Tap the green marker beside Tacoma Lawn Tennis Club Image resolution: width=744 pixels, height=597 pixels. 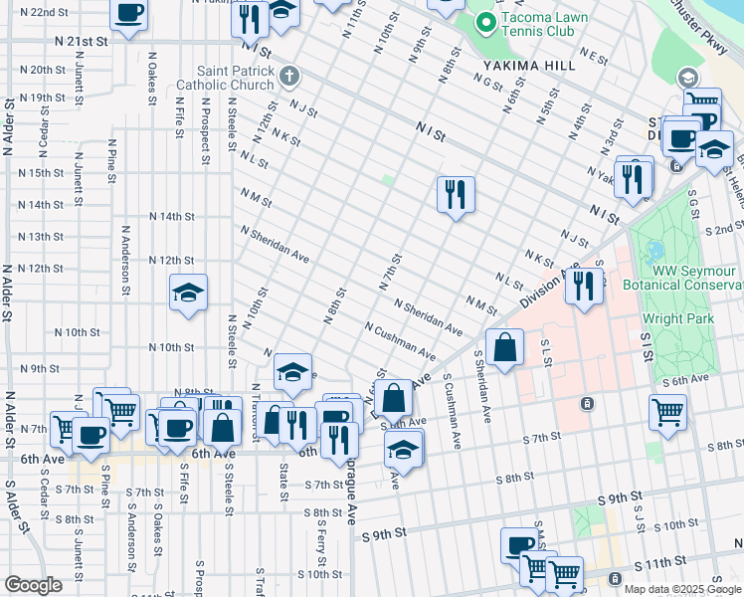pyautogui.click(x=486, y=20)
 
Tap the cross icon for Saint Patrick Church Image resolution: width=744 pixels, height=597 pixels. pyautogui.click(x=288, y=76)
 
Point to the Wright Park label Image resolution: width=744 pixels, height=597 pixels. pyautogui.click(x=676, y=318)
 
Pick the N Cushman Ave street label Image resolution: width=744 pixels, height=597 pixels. pyautogui.click(x=400, y=340)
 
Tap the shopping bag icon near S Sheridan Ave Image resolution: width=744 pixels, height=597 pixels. pyautogui.click(x=505, y=348)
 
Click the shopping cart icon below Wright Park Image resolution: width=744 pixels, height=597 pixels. pyautogui.click(x=667, y=410)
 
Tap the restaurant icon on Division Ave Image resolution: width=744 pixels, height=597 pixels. pyautogui.click(x=584, y=285)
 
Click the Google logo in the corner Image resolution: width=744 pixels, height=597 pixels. pyautogui.click(x=33, y=585)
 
